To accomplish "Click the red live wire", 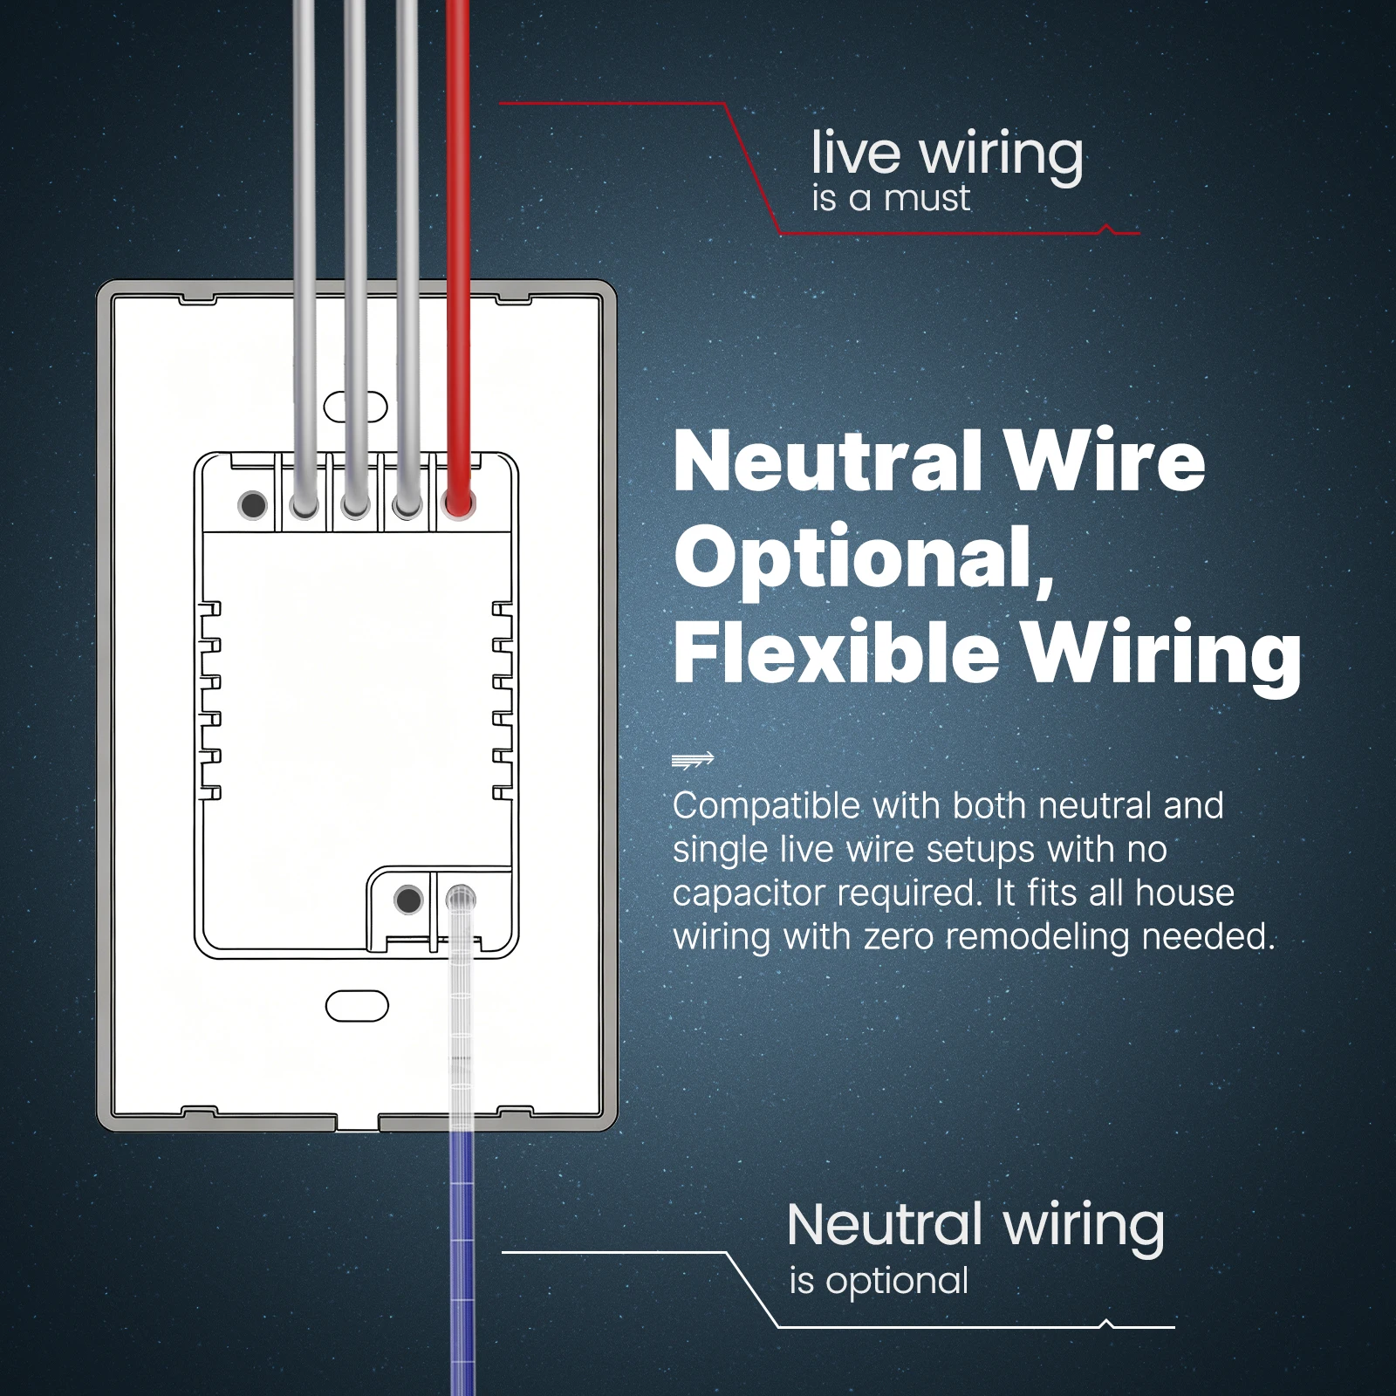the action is pyautogui.click(x=458, y=253).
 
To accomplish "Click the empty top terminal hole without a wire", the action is pyautogui.click(x=252, y=504).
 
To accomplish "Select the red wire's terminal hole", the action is pyautogui.click(x=459, y=503).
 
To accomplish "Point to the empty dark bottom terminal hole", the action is pyautogui.click(x=408, y=900).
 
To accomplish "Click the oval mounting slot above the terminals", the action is pyautogui.click(x=356, y=407).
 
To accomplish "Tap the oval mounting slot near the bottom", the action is pyautogui.click(x=357, y=1005).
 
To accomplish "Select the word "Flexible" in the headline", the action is pyautogui.click(x=836, y=652).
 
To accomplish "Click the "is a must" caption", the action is pyautogui.click(x=890, y=198).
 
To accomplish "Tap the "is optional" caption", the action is pyautogui.click(x=879, y=1281).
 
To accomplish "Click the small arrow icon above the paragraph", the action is pyautogui.click(x=694, y=760).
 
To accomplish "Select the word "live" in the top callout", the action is pyautogui.click(x=855, y=153).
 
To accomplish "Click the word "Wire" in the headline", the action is pyautogui.click(x=1105, y=462).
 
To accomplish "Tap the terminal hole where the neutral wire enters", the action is pyautogui.click(x=460, y=899).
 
